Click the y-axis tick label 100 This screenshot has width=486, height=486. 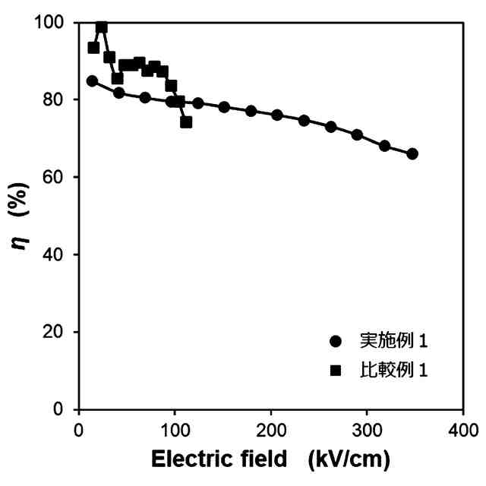pyautogui.click(x=52, y=23)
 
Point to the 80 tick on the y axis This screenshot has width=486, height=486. pyautogui.click(x=57, y=99)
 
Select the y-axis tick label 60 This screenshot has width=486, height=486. pyautogui.click(x=57, y=177)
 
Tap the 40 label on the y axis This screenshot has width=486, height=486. pyautogui.click(x=57, y=254)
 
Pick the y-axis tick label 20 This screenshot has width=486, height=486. pyautogui.click(x=57, y=332)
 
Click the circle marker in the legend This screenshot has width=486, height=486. pyautogui.click(x=336, y=342)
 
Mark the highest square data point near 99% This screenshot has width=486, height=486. pyautogui.click(x=101, y=27)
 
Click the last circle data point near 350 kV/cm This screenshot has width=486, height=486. pyautogui.click(x=412, y=153)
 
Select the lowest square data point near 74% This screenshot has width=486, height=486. pyautogui.click(x=186, y=121)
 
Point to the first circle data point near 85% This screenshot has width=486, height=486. pyautogui.click(x=92, y=80)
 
